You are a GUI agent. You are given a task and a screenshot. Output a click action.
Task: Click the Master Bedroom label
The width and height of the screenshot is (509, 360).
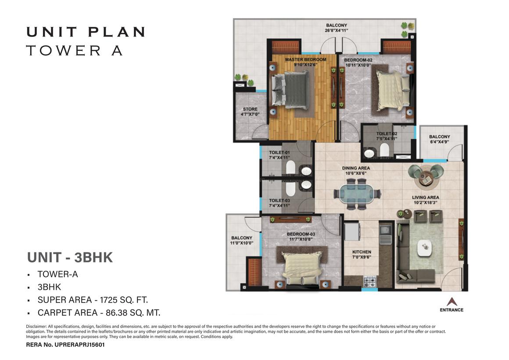pos(305,59)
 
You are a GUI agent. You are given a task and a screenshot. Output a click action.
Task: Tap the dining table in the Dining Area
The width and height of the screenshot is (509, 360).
pos(357,194)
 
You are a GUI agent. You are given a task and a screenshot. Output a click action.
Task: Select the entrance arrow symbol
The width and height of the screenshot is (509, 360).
pos(451,301)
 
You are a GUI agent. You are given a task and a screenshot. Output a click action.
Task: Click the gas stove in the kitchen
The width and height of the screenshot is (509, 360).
pos(369,281)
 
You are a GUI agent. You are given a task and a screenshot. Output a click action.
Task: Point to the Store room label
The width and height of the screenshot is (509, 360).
pos(250,109)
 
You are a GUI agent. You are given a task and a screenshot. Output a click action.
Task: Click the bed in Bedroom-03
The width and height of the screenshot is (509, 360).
pos(302,264)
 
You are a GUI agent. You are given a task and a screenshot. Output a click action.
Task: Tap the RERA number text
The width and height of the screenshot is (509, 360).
pos(65,345)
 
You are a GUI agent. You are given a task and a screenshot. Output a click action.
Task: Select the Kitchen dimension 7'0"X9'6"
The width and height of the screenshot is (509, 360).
pos(362,257)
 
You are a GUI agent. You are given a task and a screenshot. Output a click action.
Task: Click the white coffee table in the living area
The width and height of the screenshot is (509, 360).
pos(425,248)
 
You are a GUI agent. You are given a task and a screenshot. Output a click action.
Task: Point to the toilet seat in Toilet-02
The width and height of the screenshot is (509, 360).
pos(384,150)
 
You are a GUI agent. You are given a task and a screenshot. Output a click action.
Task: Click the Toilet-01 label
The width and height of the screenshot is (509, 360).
pos(279,152)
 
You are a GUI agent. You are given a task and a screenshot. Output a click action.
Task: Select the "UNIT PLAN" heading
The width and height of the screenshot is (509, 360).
pos(86,32)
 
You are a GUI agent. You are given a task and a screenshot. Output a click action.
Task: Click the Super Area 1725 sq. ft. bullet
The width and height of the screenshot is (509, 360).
pos(93,300)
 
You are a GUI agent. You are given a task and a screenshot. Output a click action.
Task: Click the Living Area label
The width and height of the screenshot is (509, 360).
pos(425,197)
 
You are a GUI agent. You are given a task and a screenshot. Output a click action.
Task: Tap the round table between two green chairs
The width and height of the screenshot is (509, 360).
pos(425,178)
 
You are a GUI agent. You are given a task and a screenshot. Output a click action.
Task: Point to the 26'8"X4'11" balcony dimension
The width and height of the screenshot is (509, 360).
pos(336,31)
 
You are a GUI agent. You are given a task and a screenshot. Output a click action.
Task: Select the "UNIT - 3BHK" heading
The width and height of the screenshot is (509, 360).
pos(70,257)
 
